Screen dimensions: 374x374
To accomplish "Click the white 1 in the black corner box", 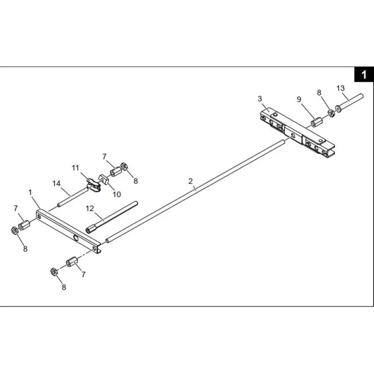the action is [364, 74].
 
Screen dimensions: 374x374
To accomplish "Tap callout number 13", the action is [341, 88].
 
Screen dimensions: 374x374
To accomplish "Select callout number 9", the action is [299, 99].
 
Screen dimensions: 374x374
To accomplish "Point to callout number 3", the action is [260, 99].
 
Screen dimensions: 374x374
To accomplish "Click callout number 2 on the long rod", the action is [190, 181].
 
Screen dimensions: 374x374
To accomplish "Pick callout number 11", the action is [75, 168].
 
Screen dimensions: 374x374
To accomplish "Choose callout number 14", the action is [57, 183].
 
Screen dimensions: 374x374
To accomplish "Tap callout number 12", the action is [90, 209].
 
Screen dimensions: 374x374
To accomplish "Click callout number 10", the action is [116, 194].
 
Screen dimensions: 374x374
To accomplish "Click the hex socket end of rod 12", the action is [89, 230].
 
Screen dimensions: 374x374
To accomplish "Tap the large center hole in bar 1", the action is [76, 238].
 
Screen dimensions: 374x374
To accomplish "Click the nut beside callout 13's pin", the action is [331, 113].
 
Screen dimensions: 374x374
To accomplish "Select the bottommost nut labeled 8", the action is [54, 272].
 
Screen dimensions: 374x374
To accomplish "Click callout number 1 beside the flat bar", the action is [30, 192].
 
